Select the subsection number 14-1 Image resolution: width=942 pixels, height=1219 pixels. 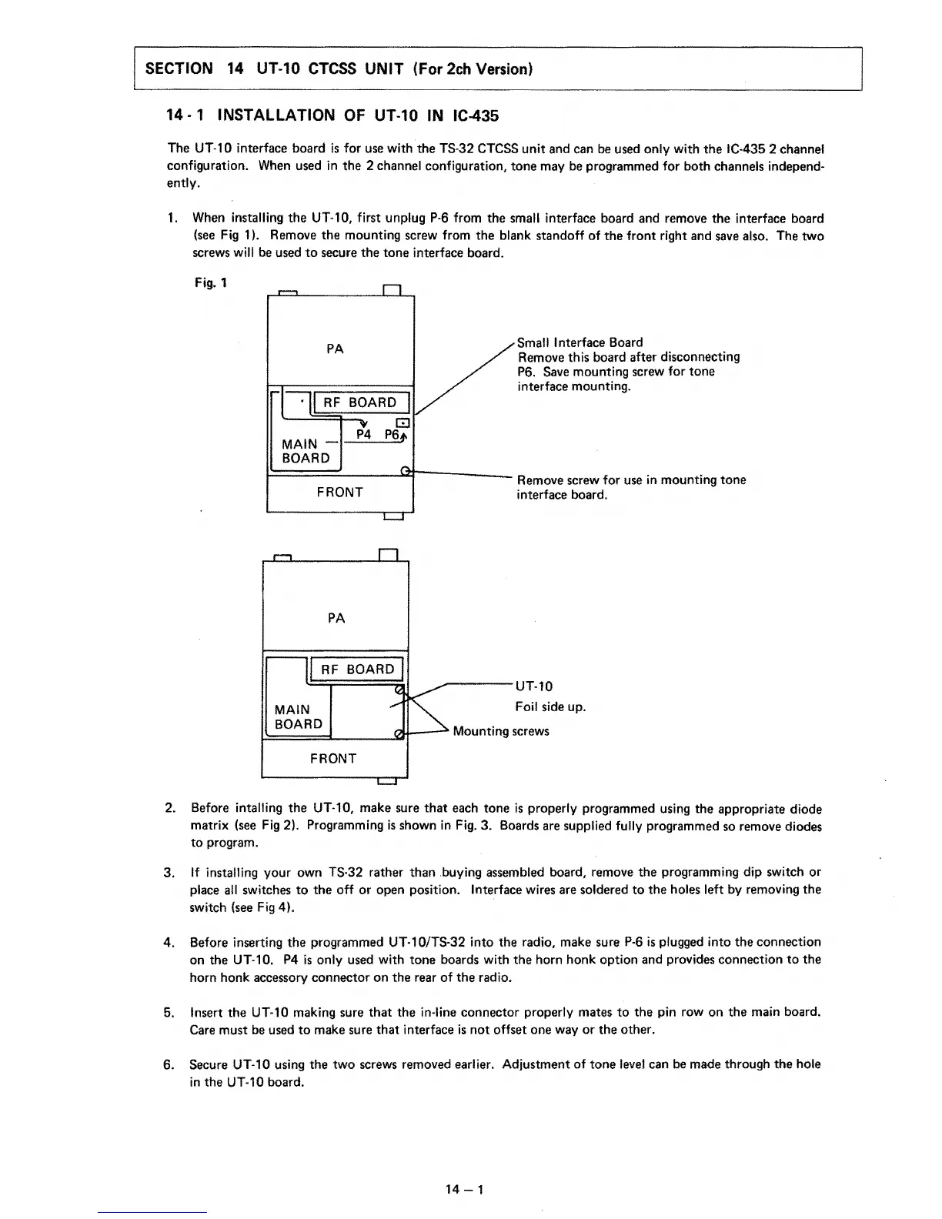click(x=185, y=115)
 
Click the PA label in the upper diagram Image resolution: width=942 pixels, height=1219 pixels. click(x=335, y=349)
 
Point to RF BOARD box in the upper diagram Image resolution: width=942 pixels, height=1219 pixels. click(x=359, y=402)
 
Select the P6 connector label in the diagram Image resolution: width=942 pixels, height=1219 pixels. click(x=393, y=436)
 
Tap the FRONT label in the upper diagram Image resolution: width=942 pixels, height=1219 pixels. click(x=339, y=493)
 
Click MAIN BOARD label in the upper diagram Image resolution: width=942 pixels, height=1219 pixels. click(x=306, y=451)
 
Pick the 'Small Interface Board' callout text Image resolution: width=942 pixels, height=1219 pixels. click(x=580, y=342)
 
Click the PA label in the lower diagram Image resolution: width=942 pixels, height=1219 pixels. click(x=336, y=619)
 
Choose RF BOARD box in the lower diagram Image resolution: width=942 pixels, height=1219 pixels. click(x=357, y=670)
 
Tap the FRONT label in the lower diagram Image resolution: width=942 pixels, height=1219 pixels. click(x=333, y=759)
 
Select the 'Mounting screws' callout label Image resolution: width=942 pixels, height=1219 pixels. click(x=501, y=731)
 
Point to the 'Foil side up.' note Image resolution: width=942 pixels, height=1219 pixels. click(x=550, y=706)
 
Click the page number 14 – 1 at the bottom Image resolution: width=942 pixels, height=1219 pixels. click(x=463, y=1191)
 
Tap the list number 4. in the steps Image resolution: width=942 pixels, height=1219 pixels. click(x=169, y=942)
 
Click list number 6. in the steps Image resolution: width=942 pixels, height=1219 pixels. click(x=169, y=1064)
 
